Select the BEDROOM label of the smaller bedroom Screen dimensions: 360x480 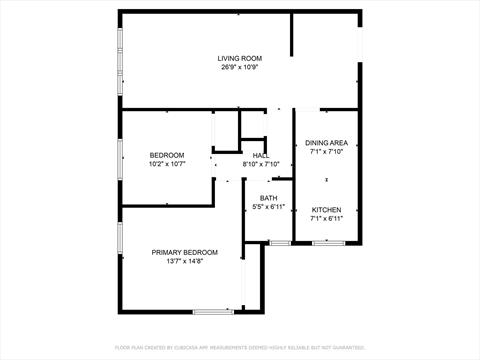pyautogui.click(x=167, y=154)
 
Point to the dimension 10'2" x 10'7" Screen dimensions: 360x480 pyautogui.click(x=167, y=163)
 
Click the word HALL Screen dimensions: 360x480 pyautogui.click(x=260, y=155)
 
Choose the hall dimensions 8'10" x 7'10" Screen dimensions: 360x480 pyautogui.click(x=260, y=164)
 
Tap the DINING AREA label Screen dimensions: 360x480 pyautogui.click(x=326, y=143)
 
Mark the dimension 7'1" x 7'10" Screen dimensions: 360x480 pyautogui.click(x=326, y=152)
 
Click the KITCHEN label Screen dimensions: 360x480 pyautogui.click(x=326, y=210)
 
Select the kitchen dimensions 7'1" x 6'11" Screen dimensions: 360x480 pyautogui.click(x=326, y=219)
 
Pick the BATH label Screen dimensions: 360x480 pyautogui.click(x=268, y=198)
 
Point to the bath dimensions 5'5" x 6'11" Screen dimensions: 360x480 pyautogui.click(x=268, y=207)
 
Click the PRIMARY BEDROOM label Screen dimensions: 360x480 pyautogui.click(x=184, y=252)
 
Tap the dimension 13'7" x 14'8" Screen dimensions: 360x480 pyautogui.click(x=184, y=261)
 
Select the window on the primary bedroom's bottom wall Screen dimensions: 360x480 pyautogui.click(x=213, y=311)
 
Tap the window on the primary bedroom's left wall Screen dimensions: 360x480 pyautogui.click(x=121, y=240)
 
